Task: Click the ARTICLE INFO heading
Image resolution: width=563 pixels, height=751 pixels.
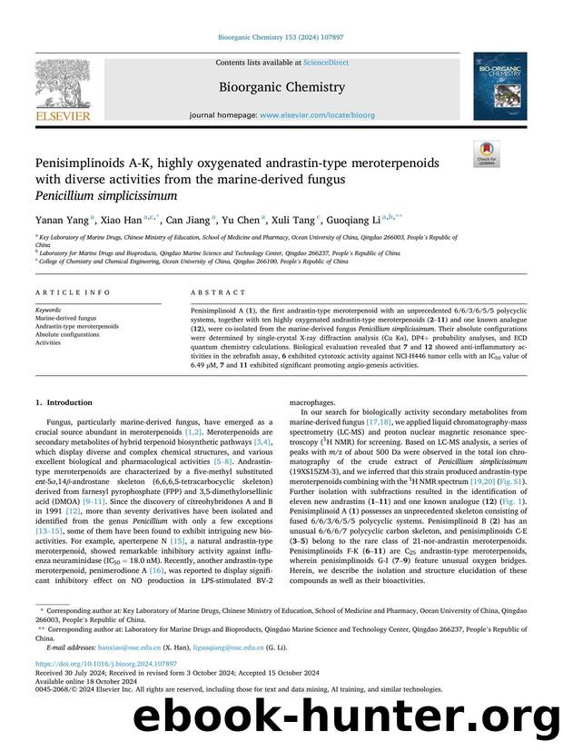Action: [x=67, y=293]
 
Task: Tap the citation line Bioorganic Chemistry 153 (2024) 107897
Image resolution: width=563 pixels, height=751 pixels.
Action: [x=281, y=38]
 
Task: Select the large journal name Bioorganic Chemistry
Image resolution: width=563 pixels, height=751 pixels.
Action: [x=281, y=87]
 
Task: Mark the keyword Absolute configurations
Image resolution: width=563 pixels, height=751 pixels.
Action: [x=73, y=335]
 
